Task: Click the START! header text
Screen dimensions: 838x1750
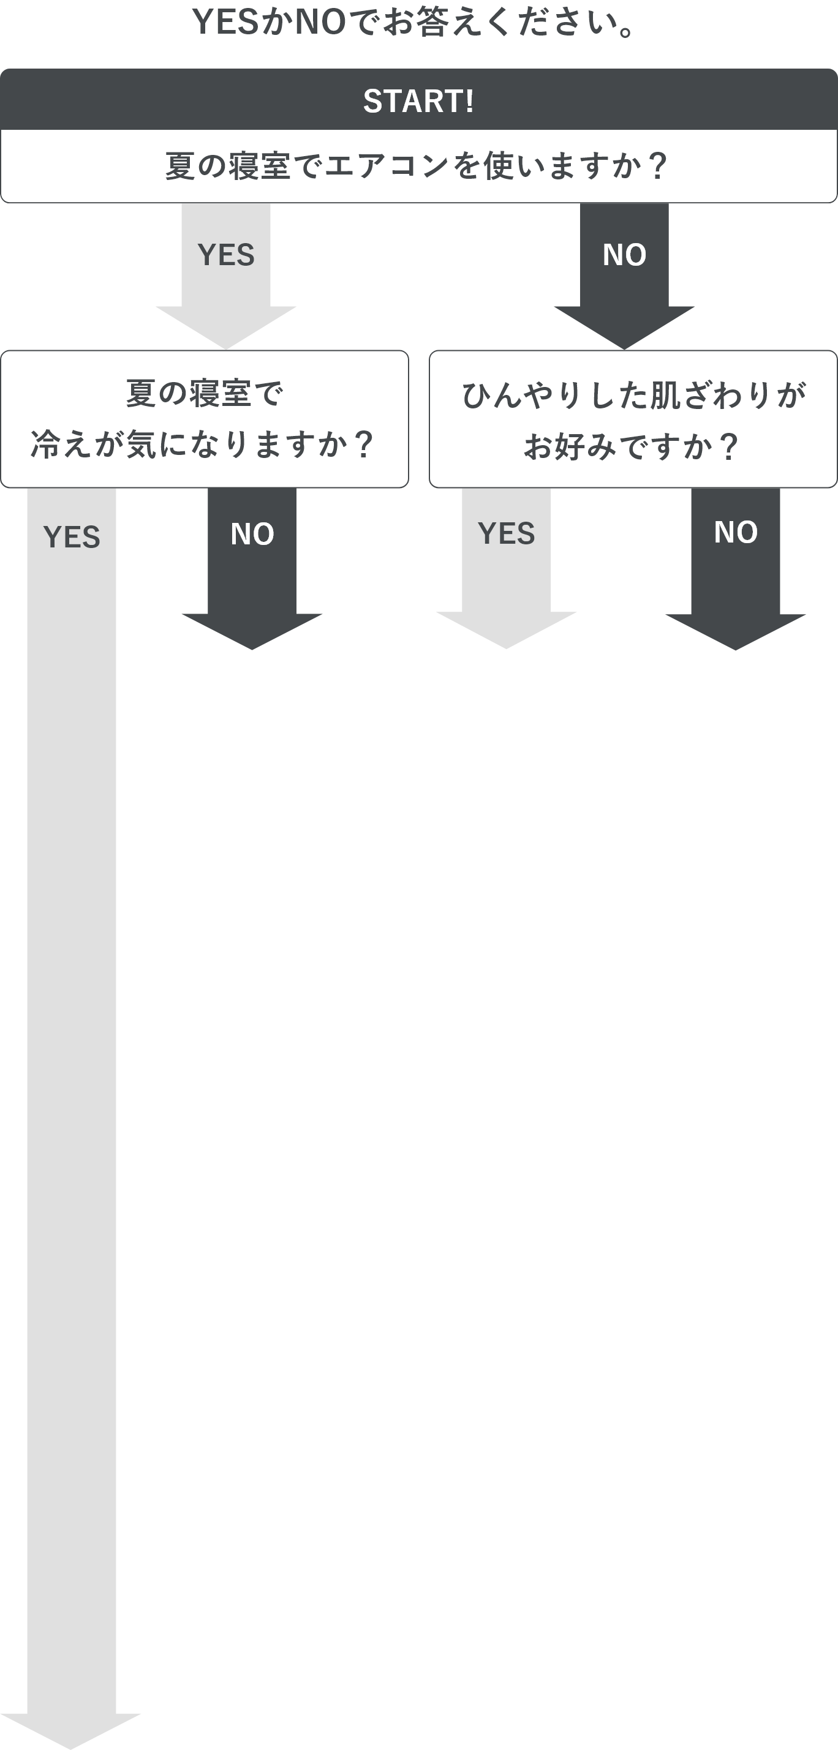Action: click(x=418, y=101)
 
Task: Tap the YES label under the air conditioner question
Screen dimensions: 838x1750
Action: click(x=226, y=255)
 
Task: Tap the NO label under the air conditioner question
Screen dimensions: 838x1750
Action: click(x=624, y=255)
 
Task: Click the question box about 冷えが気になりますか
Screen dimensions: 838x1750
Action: click(x=205, y=419)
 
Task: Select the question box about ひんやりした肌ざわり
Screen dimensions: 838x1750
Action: click(x=633, y=419)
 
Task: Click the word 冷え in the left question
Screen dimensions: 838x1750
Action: click(x=61, y=445)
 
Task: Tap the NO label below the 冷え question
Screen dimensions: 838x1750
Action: click(x=252, y=534)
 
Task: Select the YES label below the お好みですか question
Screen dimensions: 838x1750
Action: click(x=507, y=533)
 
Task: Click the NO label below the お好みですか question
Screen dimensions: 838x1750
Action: click(x=735, y=532)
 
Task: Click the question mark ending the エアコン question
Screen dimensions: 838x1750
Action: click(x=657, y=167)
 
